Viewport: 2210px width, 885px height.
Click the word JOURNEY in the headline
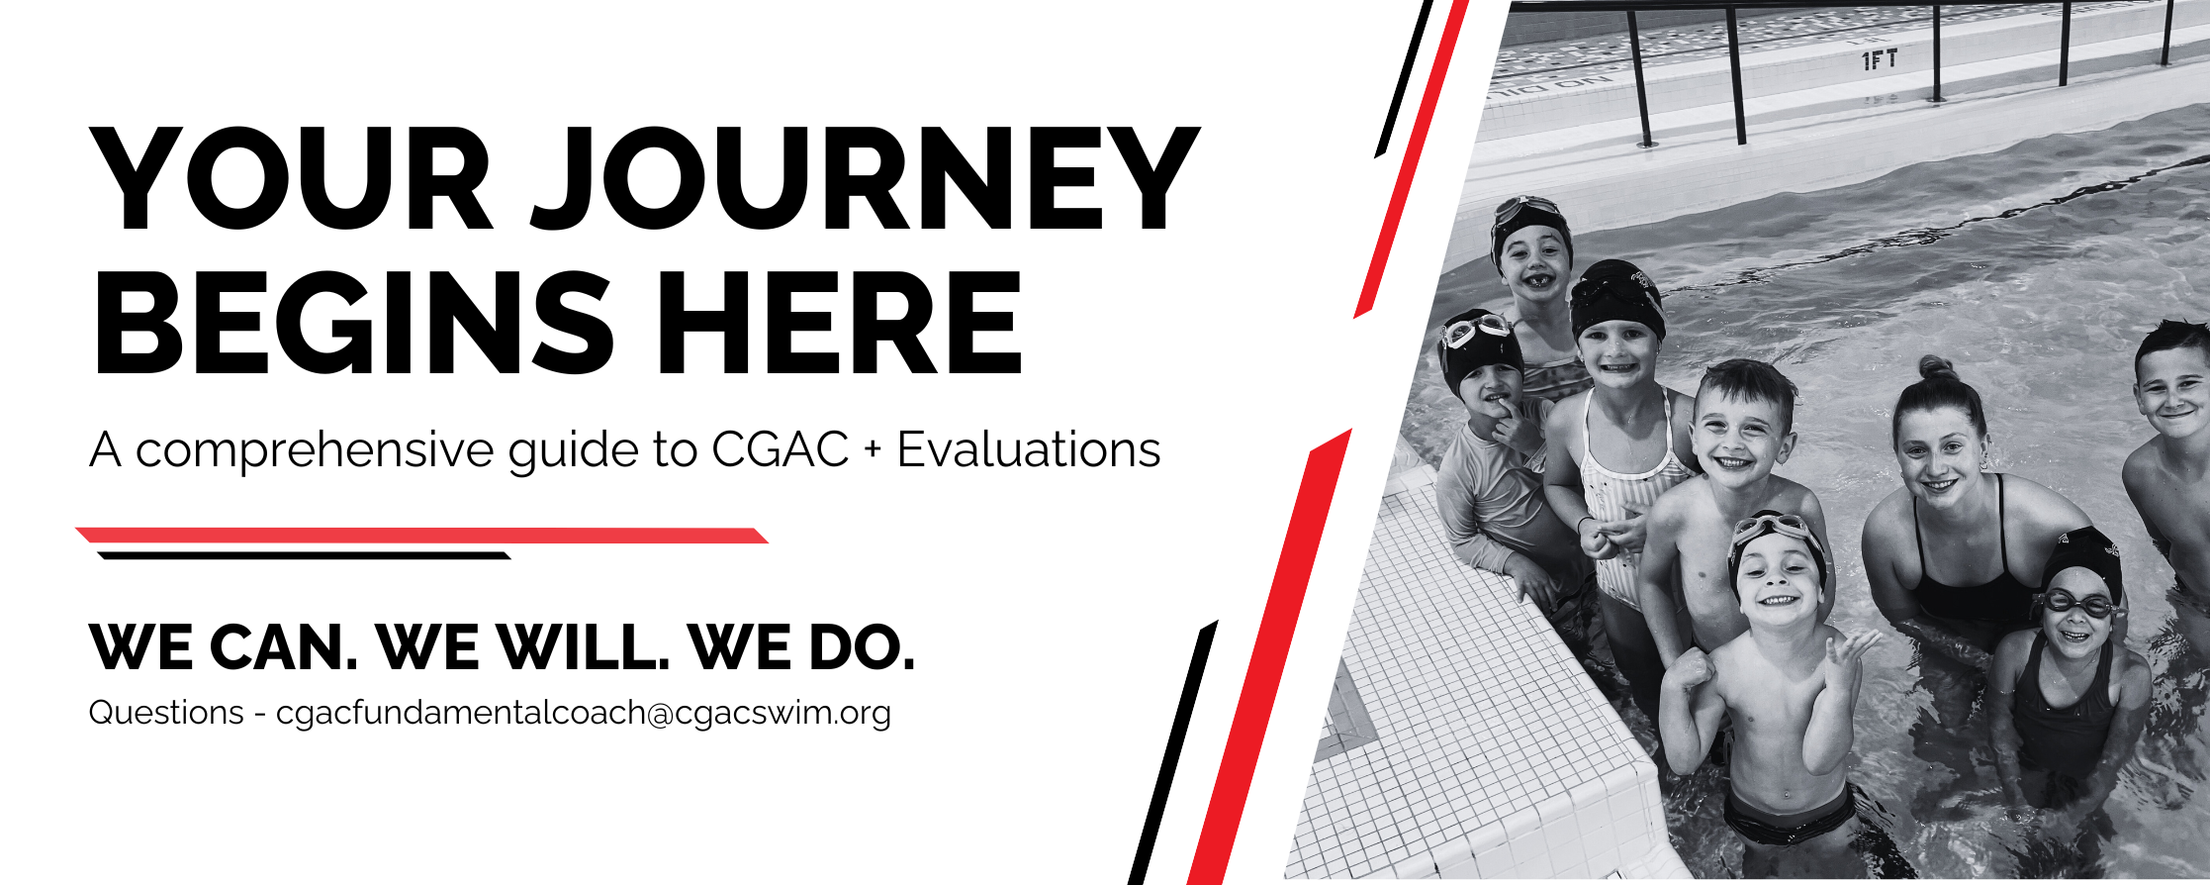(x=866, y=180)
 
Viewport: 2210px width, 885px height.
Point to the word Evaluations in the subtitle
(x=1029, y=449)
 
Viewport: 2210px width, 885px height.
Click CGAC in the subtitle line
(x=780, y=449)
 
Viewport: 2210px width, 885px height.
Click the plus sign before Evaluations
(x=873, y=450)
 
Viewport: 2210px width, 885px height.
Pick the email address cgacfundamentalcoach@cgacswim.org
(x=584, y=713)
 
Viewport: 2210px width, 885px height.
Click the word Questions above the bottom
(x=166, y=713)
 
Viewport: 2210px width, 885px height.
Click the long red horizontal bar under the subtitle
(x=422, y=536)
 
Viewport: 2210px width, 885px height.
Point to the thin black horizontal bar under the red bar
(x=304, y=555)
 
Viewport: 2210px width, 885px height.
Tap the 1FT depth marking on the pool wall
(x=1880, y=60)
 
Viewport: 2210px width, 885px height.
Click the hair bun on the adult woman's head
(x=1936, y=369)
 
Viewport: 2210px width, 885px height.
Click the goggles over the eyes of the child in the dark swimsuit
(x=2076, y=603)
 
